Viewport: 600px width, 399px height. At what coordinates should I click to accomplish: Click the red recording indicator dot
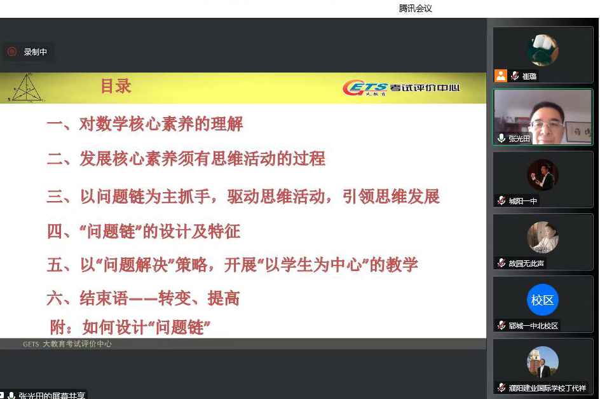pos(12,52)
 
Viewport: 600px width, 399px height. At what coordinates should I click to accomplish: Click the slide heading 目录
pos(116,86)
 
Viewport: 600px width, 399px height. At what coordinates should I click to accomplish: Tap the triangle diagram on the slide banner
pos(27,88)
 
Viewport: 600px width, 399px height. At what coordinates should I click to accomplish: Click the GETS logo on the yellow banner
pos(401,87)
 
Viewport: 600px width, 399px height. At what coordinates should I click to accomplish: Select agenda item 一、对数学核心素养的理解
pos(145,124)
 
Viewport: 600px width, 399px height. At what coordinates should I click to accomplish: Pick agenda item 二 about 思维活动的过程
pos(186,158)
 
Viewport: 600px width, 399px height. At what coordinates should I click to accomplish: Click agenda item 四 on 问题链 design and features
pos(144,231)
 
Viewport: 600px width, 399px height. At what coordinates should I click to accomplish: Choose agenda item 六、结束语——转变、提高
pos(143,298)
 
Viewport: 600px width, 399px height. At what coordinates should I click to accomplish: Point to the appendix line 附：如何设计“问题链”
pos(130,327)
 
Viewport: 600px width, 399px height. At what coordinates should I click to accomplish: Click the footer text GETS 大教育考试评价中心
pos(67,344)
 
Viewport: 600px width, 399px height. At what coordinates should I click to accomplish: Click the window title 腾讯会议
pos(415,8)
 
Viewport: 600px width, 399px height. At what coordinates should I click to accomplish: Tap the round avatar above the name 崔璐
pos(543,50)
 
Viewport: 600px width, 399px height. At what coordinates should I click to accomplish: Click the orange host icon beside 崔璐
pos(501,76)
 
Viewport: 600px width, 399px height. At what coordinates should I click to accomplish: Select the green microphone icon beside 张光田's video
pos(501,138)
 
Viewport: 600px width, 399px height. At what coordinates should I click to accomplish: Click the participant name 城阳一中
pos(522,201)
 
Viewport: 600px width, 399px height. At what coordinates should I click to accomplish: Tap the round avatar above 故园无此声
pos(543,237)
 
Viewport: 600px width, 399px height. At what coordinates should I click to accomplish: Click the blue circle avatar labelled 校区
pos(543,300)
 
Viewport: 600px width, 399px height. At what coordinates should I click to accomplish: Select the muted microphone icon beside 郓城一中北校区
pos(501,325)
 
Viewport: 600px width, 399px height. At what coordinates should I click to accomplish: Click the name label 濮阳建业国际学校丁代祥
pos(547,388)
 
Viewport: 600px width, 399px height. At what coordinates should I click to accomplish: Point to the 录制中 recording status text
pos(35,52)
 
